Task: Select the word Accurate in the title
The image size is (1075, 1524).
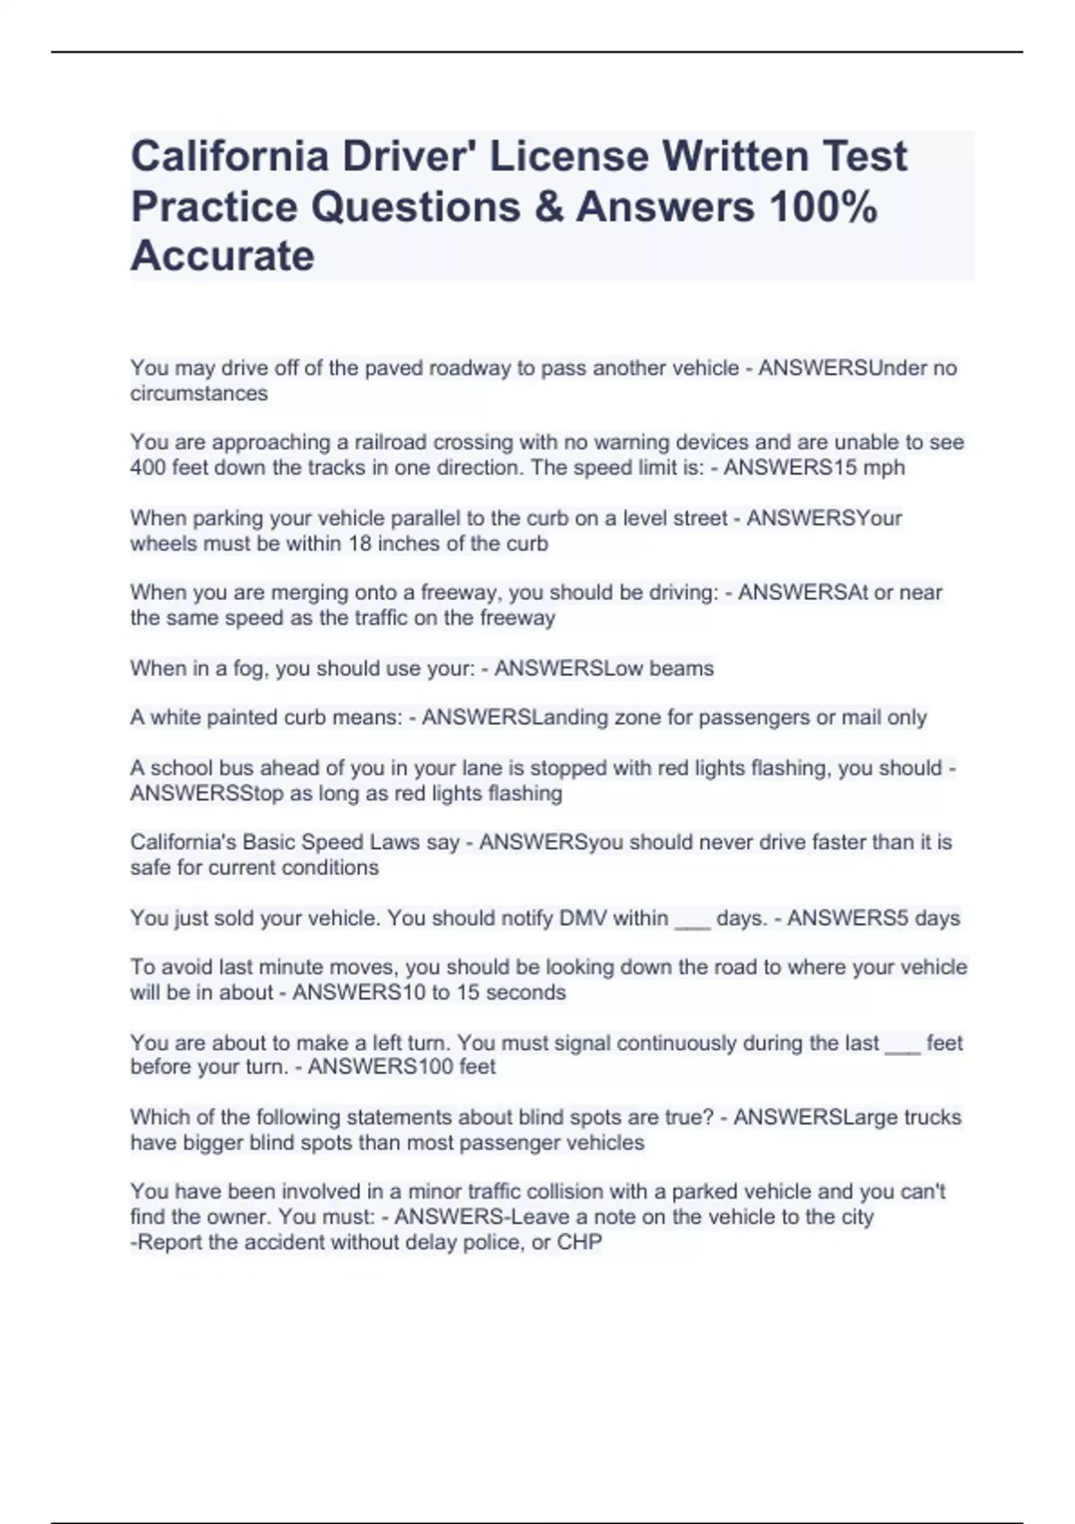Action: tap(222, 255)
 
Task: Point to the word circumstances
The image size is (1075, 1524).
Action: tap(199, 394)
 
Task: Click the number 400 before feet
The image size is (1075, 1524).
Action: tap(149, 468)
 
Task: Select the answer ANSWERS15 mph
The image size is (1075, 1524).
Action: tap(814, 468)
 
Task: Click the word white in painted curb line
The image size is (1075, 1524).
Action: tap(176, 717)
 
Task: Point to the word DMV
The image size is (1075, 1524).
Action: tap(583, 918)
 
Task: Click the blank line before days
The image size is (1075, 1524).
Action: tap(692, 922)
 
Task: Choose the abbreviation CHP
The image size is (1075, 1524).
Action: tap(580, 1243)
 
